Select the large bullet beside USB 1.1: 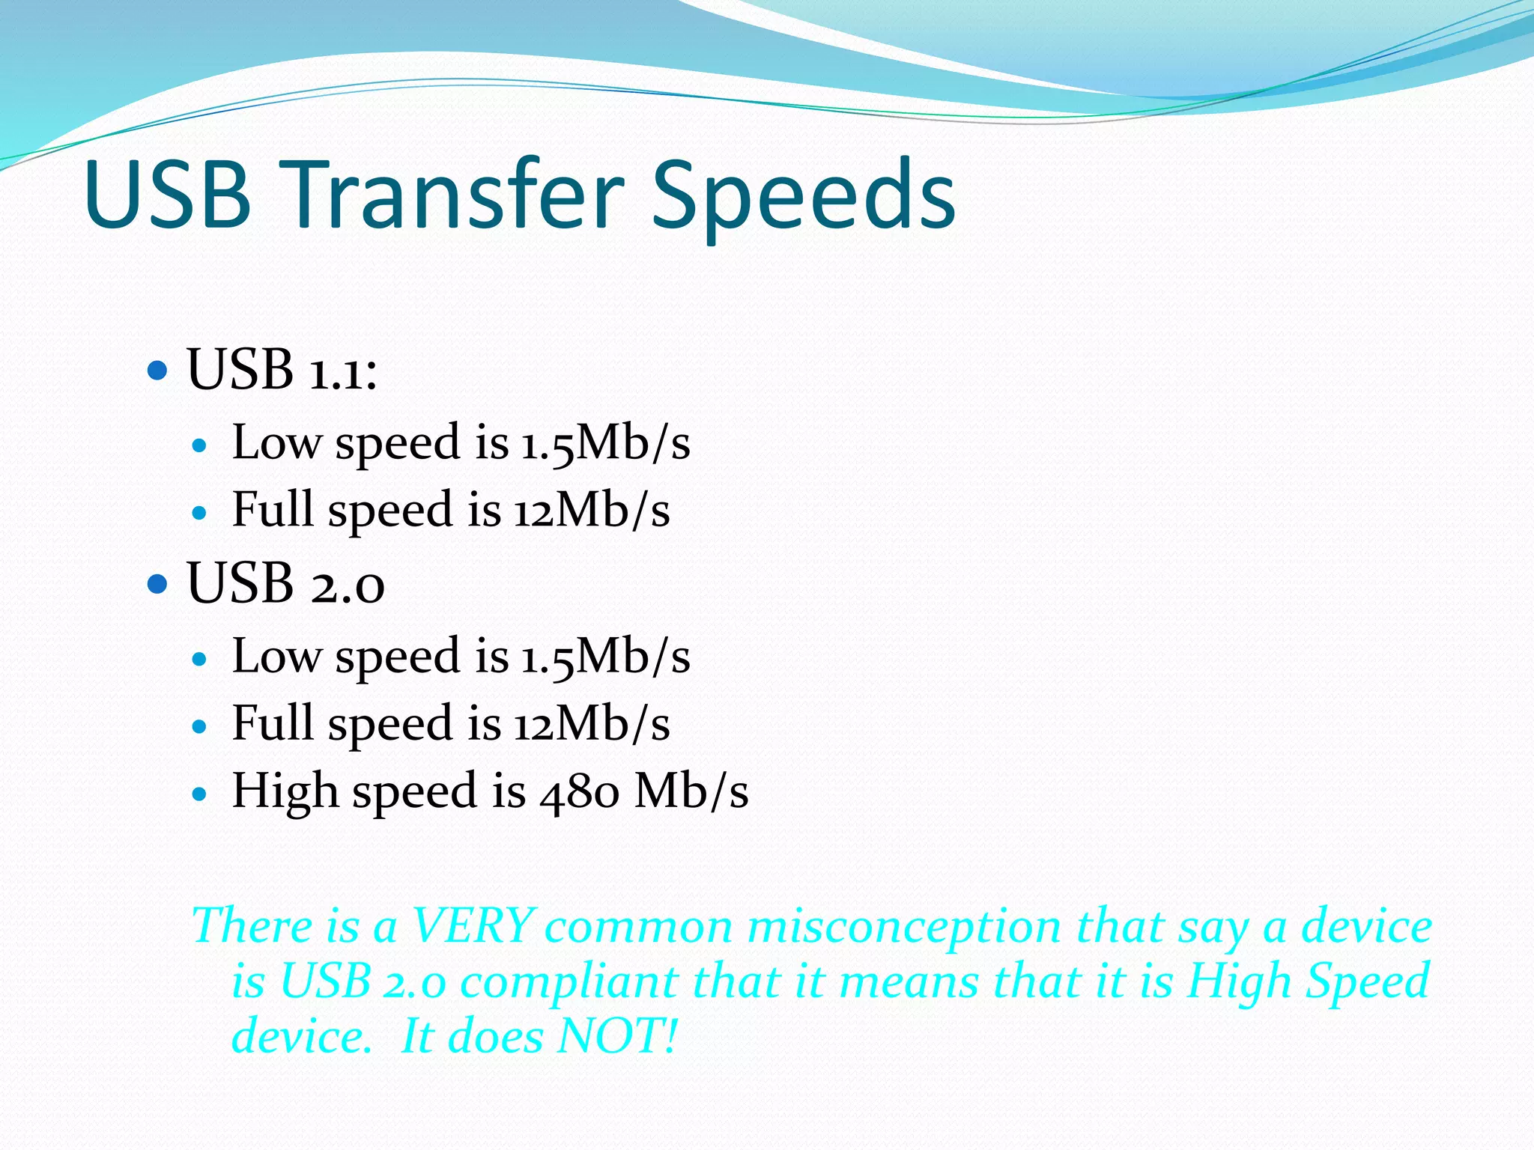pyautogui.click(x=157, y=370)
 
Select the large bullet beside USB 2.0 pyautogui.click(x=157, y=583)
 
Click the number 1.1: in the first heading pyautogui.click(x=344, y=370)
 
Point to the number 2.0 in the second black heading pyautogui.click(x=348, y=583)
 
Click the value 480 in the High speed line pyautogui.click(x=579, y=791)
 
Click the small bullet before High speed pyautogui.click(x=198, y=794)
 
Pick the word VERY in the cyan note pyautogui.click(x=473, y=925)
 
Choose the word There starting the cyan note pyautogui.click(x=251, y=925)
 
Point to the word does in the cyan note pyautogui.click(x=495, y=1036)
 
